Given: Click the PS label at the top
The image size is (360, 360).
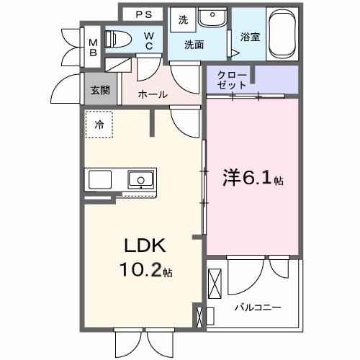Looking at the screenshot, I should click(143, 13).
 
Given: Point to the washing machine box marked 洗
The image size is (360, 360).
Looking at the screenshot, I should click(183, 20).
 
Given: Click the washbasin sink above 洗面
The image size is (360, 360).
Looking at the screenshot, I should click(212, 17).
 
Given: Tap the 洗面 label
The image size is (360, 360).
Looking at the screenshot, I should click(194, 45).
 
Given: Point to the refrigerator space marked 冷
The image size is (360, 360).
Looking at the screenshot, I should click(99, 125).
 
